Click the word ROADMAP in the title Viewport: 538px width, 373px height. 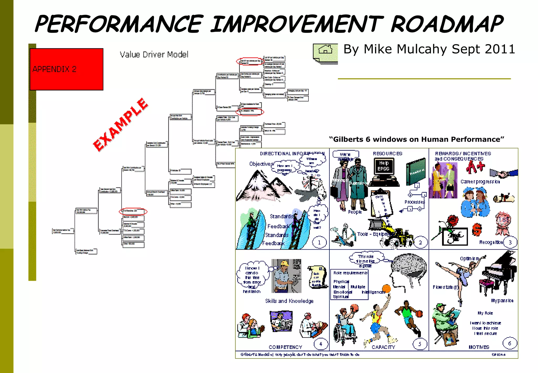[447, 24]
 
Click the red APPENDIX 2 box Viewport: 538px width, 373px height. [66, 69]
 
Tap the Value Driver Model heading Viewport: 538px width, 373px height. [154, 54]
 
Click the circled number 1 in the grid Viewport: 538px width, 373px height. [319, 242]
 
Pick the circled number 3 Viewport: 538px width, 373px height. [510, 242]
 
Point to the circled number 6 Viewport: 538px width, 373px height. [510, 343]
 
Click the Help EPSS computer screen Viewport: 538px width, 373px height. [384, 166]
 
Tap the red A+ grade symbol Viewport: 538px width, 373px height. [475, 167]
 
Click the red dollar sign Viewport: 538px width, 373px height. [477, 230]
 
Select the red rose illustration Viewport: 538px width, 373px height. [452, 221]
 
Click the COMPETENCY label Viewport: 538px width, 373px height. [285, 347]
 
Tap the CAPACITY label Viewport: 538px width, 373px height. [383, 347]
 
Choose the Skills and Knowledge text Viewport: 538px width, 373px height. [289, 301]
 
